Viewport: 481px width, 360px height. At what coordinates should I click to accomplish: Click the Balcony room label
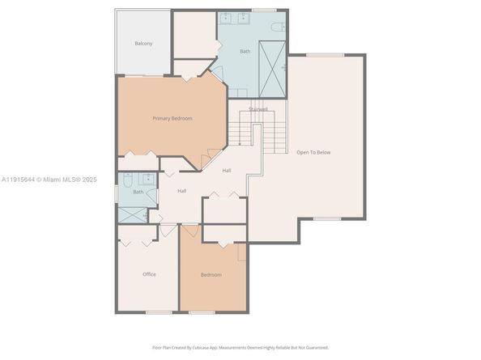click(x=143, y=43)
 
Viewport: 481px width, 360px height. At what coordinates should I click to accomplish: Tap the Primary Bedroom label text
click(x=172, y=119)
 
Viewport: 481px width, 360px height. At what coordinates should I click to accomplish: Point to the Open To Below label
click(x=313, y=152)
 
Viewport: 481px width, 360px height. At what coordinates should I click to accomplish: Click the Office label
click(x=149, y=274)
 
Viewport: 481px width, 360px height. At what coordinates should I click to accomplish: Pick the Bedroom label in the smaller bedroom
click(x=211, y=275)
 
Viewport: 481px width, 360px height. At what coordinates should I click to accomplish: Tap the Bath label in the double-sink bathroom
click(x=245, y=52)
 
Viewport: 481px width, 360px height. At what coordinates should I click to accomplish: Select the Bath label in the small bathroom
click(x=138, y=192)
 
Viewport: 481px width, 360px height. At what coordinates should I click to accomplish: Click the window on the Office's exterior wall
click(x=158, y=312)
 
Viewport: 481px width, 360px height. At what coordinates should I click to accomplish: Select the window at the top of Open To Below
click(x=325, y=55)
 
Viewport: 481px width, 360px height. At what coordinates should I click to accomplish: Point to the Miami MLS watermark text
click(x=49, y=180)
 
